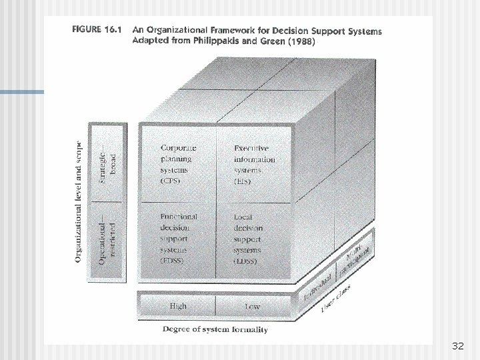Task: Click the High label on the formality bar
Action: click(178, 305)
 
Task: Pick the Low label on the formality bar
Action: click(253, 305)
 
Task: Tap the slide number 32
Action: click(457, 347)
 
